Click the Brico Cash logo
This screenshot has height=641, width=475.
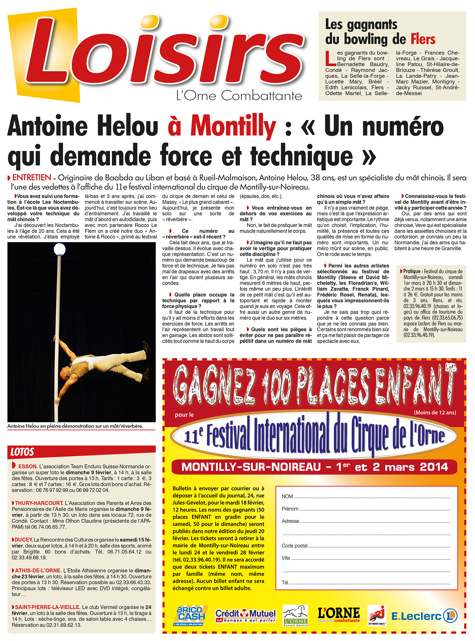189,616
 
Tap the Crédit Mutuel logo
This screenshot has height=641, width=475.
245,616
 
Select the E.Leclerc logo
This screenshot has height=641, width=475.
424,616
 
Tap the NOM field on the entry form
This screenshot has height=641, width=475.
371,497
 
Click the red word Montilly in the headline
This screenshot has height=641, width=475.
233,126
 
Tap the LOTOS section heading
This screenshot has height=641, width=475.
22,452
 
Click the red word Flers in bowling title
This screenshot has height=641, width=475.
423,39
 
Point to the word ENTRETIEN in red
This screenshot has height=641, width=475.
32,178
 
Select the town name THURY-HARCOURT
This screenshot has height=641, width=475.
39,503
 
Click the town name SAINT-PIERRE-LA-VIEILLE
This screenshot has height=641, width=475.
47,607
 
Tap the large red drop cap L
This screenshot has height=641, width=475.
331,59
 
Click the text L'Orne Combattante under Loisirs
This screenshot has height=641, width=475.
239,96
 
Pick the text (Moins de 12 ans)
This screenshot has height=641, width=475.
435,413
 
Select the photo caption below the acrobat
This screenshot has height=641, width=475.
75,426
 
